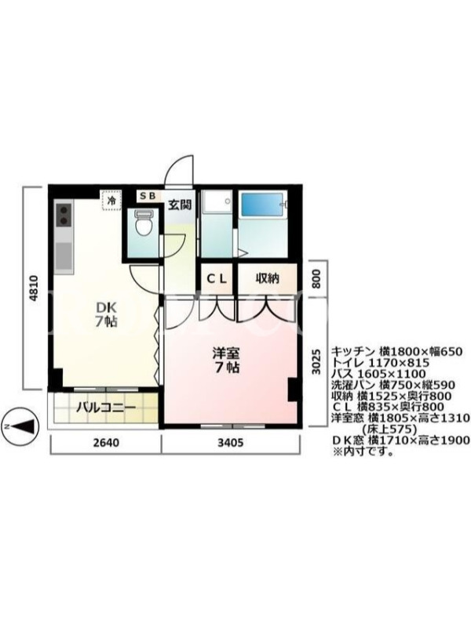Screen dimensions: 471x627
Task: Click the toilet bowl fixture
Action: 144,223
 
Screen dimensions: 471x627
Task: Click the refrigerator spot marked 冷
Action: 111,201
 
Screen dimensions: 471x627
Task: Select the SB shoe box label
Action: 147,196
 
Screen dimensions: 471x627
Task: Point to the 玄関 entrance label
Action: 179,205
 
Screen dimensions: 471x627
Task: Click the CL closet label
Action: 217,278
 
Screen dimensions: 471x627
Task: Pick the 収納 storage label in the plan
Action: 267,278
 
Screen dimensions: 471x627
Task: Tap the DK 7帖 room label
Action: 106,314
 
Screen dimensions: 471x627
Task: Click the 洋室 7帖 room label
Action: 226,360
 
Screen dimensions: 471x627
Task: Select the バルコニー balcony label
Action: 106,408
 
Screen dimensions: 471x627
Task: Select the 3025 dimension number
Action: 316,362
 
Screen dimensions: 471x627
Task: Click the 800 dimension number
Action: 316,279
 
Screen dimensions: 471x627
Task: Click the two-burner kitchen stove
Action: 64,215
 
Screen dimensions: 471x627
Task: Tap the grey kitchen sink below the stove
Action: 64,256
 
